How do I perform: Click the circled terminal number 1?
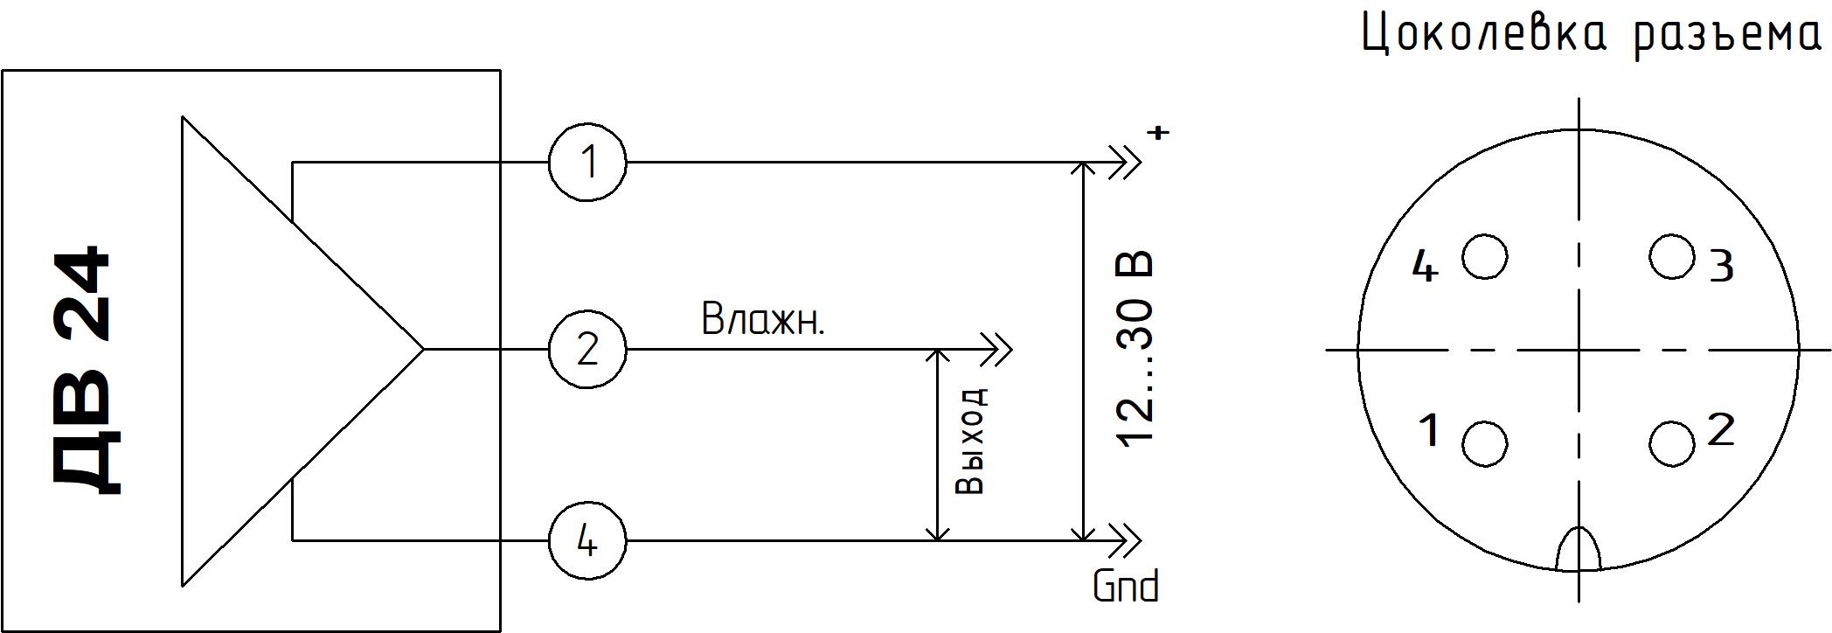click(x=587, y=163)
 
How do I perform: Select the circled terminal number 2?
click(x=587, y=350)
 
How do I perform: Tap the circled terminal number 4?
click(x=587, y=541)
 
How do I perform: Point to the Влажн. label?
click(x=763, y=320)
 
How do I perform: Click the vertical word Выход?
click(x=970, y=441)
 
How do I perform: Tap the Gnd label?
click(x=1126, y=587)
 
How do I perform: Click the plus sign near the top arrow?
click(x=1159, y=133)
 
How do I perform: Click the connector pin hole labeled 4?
click(x=1485, y=257)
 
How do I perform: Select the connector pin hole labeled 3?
click(x=1672, y=257)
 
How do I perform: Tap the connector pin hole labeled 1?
click(x=1484, y=444)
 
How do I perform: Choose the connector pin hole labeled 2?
click(x=1672, y=444)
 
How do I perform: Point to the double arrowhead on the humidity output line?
click(x=996, y=350)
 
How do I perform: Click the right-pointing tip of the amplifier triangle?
click(x=422, y=350)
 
